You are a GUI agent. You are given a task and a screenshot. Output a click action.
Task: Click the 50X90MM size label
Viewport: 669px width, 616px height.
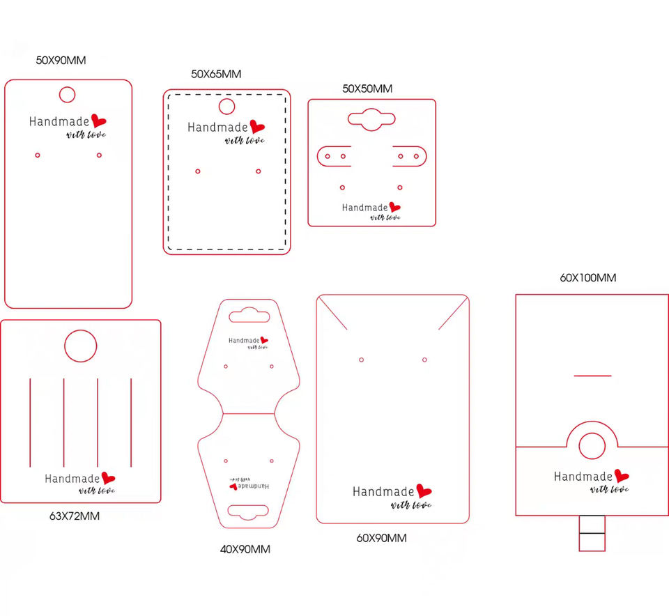61,60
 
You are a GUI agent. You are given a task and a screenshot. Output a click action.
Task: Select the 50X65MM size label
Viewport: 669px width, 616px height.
216,74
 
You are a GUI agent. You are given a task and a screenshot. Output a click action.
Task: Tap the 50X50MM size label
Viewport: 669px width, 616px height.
367,88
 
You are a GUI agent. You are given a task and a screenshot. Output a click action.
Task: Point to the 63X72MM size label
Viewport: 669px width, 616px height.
75,516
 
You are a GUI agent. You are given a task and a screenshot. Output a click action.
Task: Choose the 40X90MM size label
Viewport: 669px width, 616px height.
245,549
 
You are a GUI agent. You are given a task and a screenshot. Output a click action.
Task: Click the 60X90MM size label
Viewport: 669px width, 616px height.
382,538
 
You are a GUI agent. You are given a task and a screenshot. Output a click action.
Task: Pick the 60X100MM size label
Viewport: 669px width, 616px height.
588,277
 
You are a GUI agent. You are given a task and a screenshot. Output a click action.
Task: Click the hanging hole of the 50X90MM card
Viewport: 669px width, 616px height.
67,94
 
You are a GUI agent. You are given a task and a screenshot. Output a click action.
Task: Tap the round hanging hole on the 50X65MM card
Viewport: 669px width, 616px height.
226,107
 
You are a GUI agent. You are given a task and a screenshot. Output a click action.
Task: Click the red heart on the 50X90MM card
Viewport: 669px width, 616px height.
98,121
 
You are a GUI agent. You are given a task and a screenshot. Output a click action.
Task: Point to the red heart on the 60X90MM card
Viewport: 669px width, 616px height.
424,491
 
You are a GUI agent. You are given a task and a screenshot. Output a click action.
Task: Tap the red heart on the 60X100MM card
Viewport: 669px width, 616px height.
622,476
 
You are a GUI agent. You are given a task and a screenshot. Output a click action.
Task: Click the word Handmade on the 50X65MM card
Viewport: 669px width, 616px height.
217,128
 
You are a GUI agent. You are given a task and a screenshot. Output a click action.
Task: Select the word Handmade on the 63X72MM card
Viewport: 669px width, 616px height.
72,479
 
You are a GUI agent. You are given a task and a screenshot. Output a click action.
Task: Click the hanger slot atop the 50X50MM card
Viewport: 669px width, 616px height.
371,119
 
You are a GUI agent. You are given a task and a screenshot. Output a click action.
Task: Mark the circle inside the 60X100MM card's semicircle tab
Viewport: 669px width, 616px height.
592,446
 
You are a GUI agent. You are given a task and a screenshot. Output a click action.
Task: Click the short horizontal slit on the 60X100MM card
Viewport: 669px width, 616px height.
592,376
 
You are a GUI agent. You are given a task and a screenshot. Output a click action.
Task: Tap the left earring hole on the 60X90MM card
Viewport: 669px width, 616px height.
361,360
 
